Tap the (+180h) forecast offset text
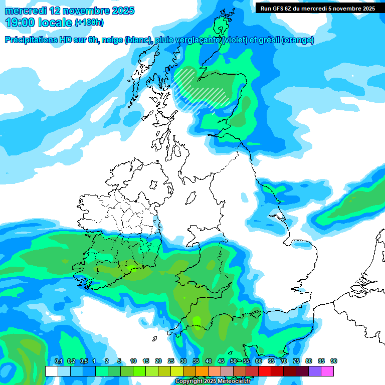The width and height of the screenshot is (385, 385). point(89,23)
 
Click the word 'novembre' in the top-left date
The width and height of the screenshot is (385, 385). point(87,10)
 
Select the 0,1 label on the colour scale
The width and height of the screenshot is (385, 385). point(58,361)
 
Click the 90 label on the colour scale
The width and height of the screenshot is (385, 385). point(334,361)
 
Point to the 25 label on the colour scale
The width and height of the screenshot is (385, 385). point(171,361)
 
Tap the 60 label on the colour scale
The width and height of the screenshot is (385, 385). point(259,361)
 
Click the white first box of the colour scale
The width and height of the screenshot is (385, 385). point(51,371)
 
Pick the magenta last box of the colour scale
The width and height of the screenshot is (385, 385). point(327,371)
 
